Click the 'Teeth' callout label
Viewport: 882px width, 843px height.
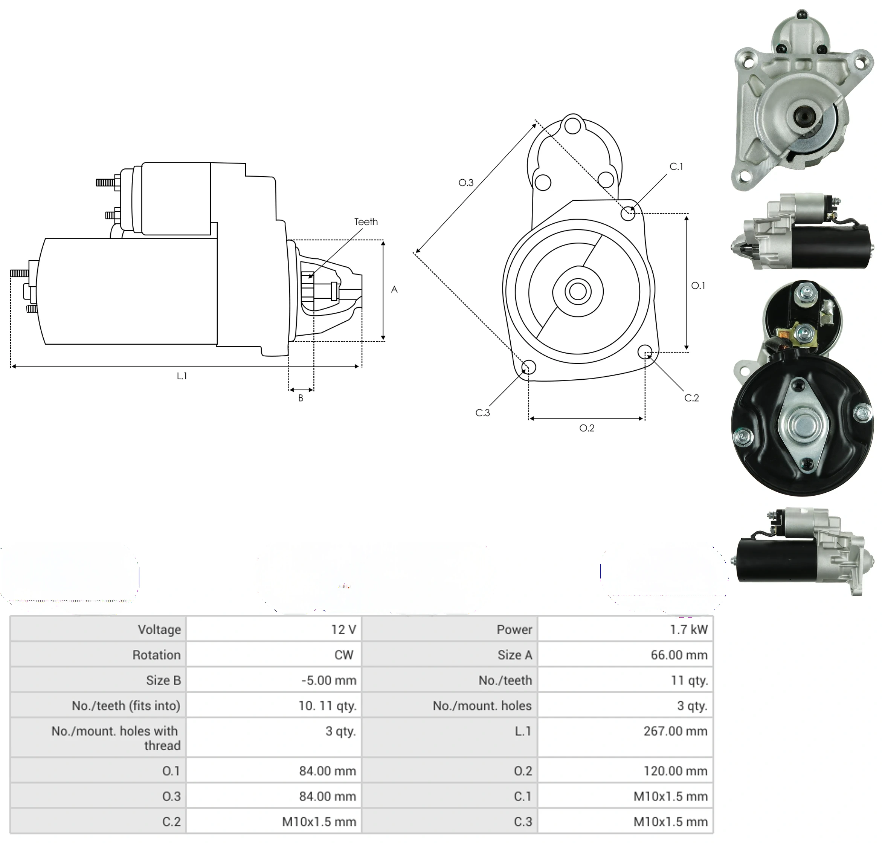point(366,221)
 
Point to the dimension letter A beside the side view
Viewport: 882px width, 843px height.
point(394,289)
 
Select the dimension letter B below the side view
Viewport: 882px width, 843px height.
point(301,398)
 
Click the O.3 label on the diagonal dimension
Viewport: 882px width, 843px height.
point(466,182)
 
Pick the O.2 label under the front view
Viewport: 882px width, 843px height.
point(587,428)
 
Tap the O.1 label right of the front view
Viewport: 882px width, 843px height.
point(698,286)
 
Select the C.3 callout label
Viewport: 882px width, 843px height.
point(482,412)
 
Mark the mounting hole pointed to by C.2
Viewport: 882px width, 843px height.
point(645,352)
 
